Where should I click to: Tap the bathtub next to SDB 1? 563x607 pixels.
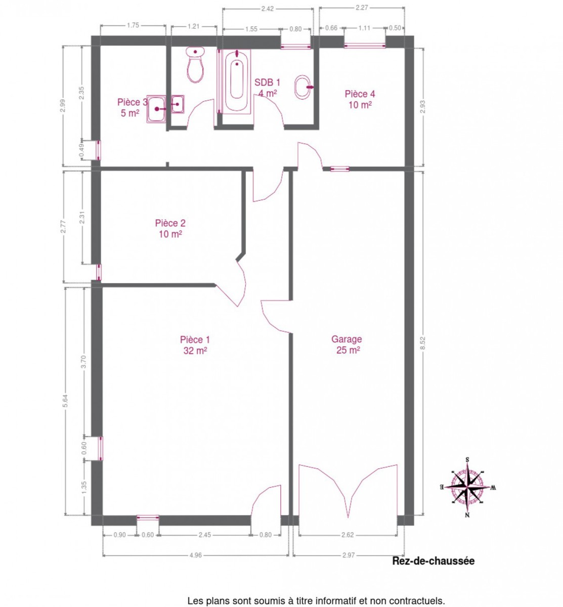pos(237,81)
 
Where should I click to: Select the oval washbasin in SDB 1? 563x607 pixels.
pos(302,87)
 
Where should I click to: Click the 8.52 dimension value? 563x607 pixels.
pos(423,343)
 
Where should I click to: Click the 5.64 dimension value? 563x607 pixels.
pos(65,401)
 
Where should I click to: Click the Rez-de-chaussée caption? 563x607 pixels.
pos(433,561)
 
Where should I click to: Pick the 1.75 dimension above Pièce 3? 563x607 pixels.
pos(133,25)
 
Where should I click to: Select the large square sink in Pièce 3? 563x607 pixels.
pos(156,109)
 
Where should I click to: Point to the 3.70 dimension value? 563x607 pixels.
pos(84,362)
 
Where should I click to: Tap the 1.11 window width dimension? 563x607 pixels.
pos(364,28)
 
